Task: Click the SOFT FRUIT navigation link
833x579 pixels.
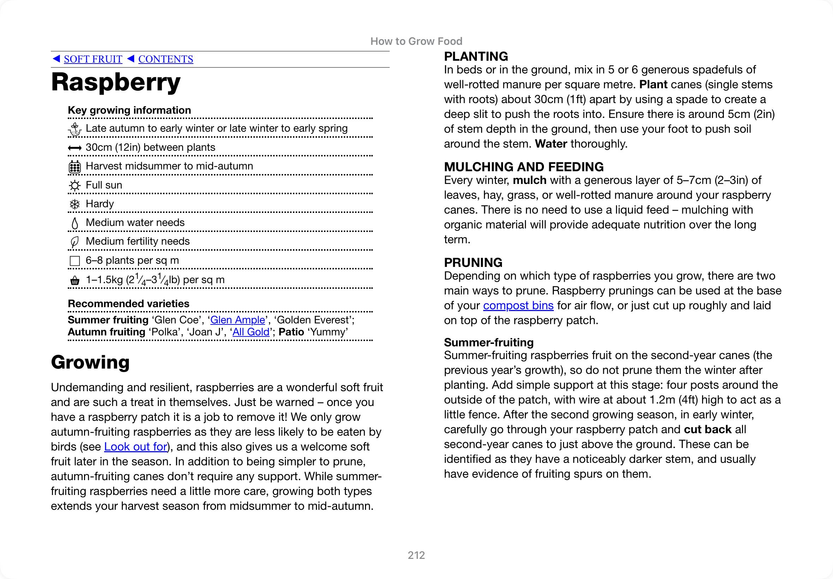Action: (93, 59)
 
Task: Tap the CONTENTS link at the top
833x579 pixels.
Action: (166, 59)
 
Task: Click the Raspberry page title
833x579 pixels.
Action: (116, 82)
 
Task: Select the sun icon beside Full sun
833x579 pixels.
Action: (75, 185)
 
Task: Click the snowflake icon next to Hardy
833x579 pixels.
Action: (75, 204)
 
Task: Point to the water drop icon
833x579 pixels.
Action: (75, 223)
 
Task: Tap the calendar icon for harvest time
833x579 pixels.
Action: (75, 167)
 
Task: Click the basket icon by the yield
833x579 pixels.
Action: (75, 280)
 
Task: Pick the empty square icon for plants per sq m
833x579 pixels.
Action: (75, 261)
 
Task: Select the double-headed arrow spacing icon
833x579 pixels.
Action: (75, 148)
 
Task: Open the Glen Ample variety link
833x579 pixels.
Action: (238, 320)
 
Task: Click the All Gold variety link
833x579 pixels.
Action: (251, 332)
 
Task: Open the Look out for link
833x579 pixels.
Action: (136, 447)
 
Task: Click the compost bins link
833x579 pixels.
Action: (518, 305)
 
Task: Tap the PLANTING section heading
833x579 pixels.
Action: (476, 56)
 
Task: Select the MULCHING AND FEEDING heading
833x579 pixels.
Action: (524, 167)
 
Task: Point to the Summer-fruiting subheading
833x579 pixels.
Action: (489, 342)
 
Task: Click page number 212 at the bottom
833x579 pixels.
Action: (416, 555)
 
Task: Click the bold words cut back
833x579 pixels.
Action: (708, 430)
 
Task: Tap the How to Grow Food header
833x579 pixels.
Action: (416, 41)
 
